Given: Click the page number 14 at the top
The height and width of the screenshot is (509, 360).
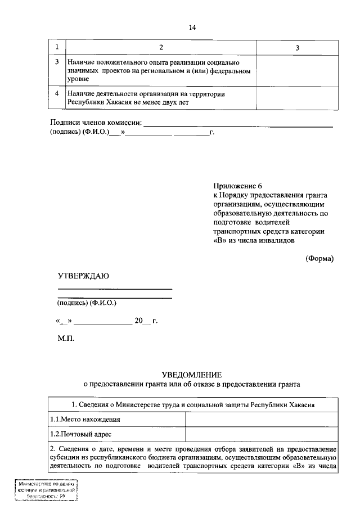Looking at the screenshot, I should tap(192, 26).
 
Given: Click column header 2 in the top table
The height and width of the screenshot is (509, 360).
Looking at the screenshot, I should tap(161, 47).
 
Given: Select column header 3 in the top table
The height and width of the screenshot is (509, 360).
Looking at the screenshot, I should tap(298, 47).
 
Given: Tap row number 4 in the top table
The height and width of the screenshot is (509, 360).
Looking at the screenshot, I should tap(57, 94).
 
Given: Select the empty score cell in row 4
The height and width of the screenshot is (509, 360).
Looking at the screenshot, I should tap(298, 98).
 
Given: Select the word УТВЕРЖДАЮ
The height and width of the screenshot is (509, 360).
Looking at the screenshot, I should tap(83, 276).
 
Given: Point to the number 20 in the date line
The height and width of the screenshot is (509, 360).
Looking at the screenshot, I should tap(138, 321).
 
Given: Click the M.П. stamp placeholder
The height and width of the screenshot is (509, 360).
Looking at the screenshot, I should tap(65, 339).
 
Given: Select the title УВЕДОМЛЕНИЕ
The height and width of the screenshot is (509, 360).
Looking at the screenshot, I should tap(192, 375).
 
